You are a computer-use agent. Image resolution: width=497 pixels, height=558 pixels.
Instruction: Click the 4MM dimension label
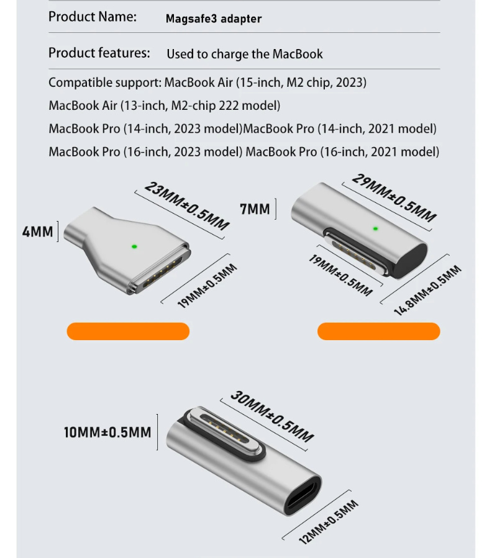37,232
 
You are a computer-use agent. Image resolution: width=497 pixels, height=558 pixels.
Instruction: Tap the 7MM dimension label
255,209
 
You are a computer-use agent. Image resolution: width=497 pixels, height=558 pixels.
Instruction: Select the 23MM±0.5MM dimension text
187,205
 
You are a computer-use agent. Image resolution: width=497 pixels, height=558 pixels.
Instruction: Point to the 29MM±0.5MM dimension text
394,197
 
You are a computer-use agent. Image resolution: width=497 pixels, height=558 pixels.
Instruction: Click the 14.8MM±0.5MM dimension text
427,290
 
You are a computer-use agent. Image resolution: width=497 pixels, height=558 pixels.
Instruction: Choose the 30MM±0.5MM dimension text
272,416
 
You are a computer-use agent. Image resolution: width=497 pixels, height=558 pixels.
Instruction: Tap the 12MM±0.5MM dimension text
329,523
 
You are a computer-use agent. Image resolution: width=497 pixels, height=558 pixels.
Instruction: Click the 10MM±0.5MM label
107,433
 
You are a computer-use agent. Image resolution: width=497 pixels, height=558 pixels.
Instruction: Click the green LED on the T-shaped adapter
134,246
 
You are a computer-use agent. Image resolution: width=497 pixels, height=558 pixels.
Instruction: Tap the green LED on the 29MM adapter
375,228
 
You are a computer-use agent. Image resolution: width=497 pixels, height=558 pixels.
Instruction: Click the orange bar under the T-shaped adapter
128,331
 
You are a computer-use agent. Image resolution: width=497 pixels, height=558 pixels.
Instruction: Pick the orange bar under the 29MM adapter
379,331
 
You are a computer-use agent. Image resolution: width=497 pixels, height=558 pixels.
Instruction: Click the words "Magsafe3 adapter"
214,19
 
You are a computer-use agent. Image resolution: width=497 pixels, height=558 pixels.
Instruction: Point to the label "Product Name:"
93,16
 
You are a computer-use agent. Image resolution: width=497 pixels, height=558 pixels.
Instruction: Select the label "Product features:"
99,53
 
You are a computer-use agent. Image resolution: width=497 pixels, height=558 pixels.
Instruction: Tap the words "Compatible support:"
105,83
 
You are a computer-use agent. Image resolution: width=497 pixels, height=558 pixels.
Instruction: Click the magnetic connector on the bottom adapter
225,435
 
